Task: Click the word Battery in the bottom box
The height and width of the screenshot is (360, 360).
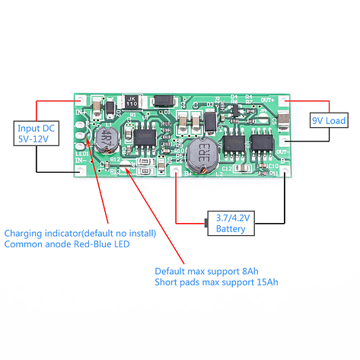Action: (231, 228)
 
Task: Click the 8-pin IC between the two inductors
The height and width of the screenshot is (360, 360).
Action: (145, 137)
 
